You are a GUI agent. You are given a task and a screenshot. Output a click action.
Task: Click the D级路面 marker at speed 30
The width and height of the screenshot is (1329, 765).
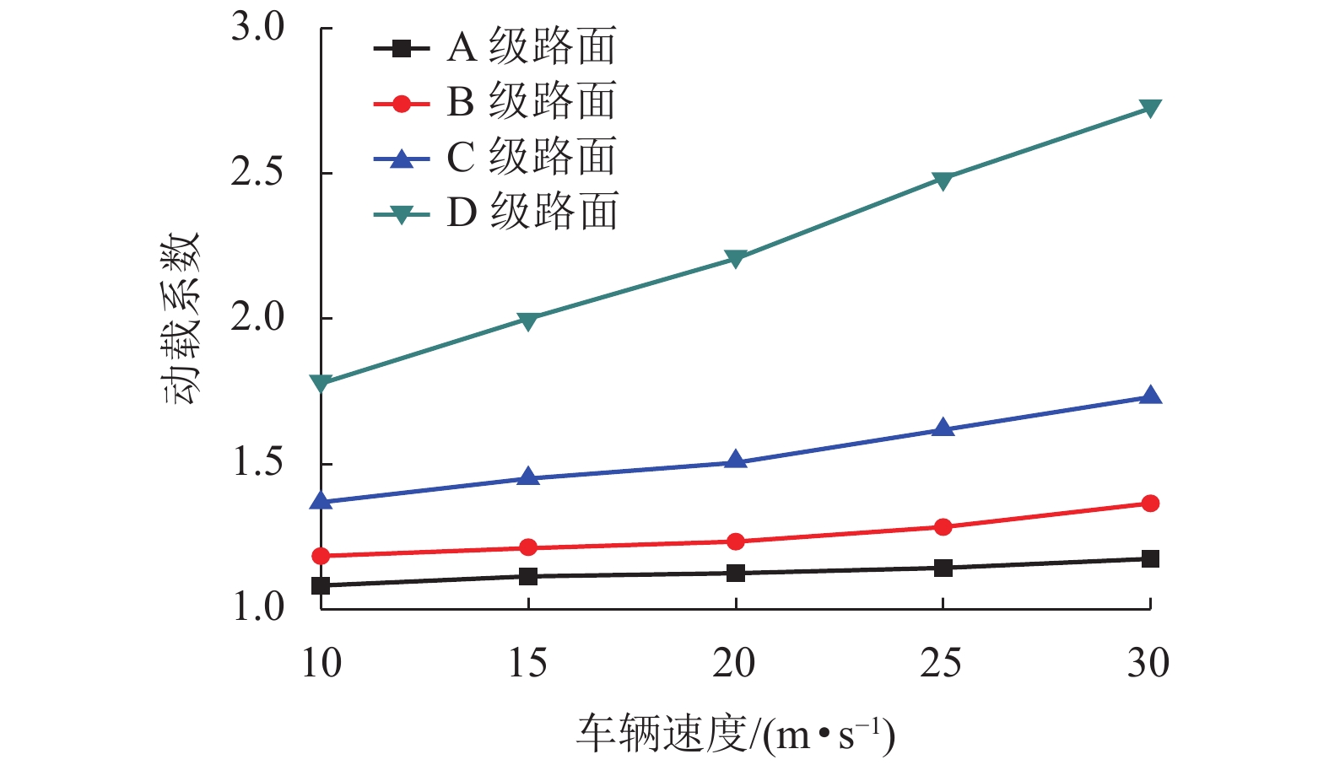coord(1150,108)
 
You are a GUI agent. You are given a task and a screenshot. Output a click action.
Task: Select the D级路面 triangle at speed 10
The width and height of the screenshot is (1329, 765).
coord(321,384)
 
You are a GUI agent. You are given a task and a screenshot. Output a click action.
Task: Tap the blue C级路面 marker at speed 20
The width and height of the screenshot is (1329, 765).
coord(736,461)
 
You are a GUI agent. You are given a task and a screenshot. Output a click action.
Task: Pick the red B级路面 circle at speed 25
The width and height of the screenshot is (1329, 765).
coord(943,527)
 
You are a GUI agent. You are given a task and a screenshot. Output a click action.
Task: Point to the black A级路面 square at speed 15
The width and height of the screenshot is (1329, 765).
coord(528,577)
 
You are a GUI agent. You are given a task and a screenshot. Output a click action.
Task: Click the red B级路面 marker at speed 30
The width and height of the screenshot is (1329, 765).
coord(1150,504)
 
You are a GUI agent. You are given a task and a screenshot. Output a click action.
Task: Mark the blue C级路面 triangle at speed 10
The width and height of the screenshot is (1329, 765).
coord(321,501)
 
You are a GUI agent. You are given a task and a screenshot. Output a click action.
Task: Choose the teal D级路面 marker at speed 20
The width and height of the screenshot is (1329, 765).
coord(736,258)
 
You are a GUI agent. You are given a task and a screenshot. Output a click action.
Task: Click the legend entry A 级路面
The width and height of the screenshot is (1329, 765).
coord(532,47)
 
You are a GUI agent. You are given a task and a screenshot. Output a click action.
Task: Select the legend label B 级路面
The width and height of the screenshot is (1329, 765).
coord(532,102)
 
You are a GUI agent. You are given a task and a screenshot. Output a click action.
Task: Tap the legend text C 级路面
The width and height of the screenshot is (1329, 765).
coord(532,157)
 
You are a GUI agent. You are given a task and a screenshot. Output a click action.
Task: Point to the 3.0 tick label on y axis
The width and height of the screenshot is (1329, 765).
coord(258,27)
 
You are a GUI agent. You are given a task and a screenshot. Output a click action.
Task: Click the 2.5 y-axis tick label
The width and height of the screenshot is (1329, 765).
coord(258,173)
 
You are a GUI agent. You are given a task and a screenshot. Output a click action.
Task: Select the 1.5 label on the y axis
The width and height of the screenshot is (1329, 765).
coord(258,463)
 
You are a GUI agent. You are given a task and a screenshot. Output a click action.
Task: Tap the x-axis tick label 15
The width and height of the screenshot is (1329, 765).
coord(527,664)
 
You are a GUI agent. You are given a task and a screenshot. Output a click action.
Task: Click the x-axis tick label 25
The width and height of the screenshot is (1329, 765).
coord(942,664)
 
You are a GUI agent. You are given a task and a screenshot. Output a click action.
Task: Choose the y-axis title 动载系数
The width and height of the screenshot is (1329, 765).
coord(181,318)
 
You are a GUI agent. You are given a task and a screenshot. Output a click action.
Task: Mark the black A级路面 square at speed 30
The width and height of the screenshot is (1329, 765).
coord(1150,559)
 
